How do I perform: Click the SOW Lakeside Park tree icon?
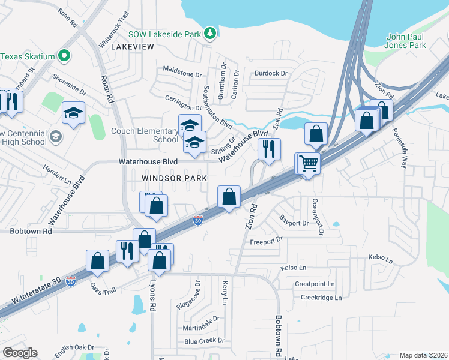point(209,34)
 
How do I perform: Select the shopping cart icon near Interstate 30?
point(308,163)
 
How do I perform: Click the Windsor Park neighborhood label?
point(174,178)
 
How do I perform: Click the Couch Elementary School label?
point(144,135)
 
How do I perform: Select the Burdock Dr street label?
point(271,73)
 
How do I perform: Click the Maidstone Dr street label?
point(182,74)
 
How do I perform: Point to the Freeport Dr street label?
point(265,241)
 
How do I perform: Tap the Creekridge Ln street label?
point(321,298)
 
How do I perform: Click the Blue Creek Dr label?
point(204,341)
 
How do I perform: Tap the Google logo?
point(20,353)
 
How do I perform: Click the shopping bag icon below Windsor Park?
point(229,196)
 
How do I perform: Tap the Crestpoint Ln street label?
point(315,284)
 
